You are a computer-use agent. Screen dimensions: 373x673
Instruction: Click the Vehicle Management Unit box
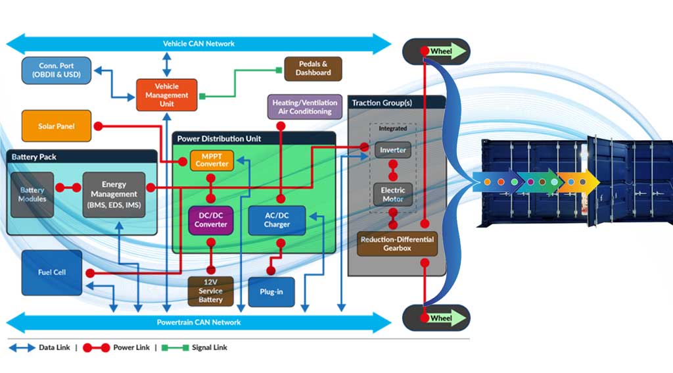(x=166, y=95)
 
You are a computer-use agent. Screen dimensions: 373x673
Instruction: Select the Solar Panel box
(x=56, y=126)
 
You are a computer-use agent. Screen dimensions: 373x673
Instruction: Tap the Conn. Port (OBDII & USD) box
(x=57, y=70)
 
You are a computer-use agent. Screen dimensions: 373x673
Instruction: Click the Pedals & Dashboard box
(x=313, y=68)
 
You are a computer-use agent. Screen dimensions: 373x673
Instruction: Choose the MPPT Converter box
(x=212, y=160)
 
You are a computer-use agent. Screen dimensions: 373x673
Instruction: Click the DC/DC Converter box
(x=210, y=220)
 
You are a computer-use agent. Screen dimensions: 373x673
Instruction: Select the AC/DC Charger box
(x=277, y=220)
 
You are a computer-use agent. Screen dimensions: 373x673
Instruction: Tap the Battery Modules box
(x=32, y=194)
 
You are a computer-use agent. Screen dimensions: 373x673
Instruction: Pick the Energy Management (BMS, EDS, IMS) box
(x=114, y=194)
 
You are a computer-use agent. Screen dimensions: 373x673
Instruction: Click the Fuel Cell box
(x=52, y=272)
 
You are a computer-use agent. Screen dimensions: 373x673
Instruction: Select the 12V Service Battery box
(x=210, y=290)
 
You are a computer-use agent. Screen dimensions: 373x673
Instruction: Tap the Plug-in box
(x=271, y=291)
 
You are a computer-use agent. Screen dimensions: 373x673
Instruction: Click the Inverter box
(x=393, y=151)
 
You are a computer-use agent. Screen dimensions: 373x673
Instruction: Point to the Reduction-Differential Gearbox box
(x=396, y=244)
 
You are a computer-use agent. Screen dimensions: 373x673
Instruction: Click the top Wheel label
(x=441, y=51)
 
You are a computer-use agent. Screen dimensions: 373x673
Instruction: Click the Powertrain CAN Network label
(x=198, y=322)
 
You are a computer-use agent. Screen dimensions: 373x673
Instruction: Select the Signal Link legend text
(x=210, y=347)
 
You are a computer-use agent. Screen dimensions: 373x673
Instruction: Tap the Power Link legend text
(x=133, y=347)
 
